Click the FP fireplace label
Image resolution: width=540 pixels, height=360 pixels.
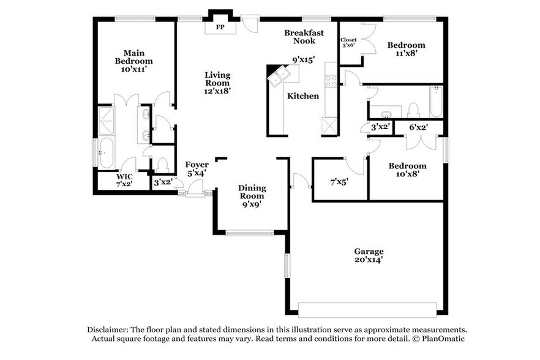219,28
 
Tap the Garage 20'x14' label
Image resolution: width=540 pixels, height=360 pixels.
369,255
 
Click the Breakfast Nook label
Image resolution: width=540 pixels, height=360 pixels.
304,37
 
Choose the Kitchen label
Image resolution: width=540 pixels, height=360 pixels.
303,96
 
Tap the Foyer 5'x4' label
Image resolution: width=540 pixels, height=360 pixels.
197,169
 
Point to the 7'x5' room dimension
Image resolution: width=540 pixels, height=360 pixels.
339,182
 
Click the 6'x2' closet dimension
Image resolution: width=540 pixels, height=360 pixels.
418,127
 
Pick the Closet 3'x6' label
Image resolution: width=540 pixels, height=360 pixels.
348,42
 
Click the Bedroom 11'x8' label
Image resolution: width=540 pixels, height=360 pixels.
407,50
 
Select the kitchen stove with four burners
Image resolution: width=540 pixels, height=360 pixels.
331,81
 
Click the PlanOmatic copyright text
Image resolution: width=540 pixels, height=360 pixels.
444,339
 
